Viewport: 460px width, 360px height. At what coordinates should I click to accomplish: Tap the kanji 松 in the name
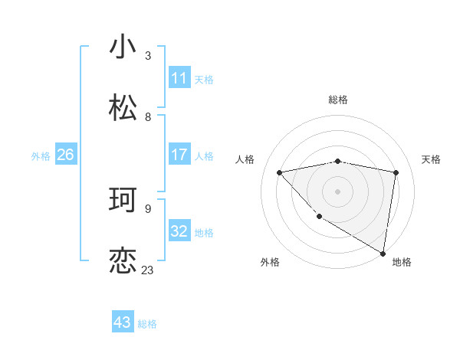click(x=123, y=108)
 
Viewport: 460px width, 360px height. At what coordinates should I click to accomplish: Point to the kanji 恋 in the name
click(x=123, y=261)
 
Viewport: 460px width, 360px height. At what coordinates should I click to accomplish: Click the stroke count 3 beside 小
click(x=148, y=55)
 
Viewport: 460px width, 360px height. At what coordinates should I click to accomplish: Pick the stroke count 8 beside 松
click(x=148, y=117)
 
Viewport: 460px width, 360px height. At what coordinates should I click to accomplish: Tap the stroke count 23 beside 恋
click(x=147, y=270)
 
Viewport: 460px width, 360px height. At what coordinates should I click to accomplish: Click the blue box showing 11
click(x=179, y=78)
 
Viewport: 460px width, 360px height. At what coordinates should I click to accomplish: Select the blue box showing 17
click(x=179, y=155)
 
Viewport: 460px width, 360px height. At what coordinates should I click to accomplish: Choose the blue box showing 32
click(x=179, y=231)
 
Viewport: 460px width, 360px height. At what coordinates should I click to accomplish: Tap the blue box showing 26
click(x=65, y=155)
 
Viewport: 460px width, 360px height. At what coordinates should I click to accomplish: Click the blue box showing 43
click(x=123, y=322)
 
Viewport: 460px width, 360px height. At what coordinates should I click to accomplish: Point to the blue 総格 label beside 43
click(x=148, y=324)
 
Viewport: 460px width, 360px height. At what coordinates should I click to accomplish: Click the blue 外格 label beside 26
click(x=41, y=156)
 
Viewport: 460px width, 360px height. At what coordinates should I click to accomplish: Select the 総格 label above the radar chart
click(x=338, y=100)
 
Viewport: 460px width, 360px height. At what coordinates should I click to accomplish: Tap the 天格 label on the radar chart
click(x=432, y=159)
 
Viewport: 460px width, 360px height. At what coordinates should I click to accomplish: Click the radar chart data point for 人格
click(x=279, y=172)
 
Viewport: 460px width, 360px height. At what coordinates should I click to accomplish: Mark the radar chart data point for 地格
click(x=382, y=253)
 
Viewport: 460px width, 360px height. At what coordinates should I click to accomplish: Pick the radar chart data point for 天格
click(x=396, y=172)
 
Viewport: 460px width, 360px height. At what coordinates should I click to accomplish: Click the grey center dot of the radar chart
click(x=337, y=191)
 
